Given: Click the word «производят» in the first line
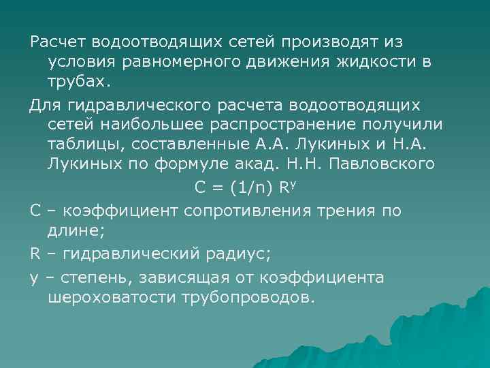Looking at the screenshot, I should pyautogui.click(x=326, y=42).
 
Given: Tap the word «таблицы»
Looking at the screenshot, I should pyautogui.click(x=82, y=144).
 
